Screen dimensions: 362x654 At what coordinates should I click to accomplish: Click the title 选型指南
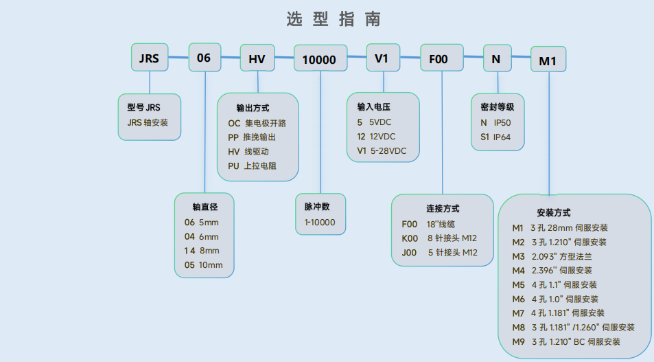click(334, 19)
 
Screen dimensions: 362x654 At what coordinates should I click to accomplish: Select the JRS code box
click(149, 58)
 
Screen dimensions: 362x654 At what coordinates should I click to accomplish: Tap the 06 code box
click(204, 58)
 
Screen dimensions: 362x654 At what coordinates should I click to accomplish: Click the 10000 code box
click(319, 60)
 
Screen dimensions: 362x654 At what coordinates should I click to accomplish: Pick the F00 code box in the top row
click(439, 59)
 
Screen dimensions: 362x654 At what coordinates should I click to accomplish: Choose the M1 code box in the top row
click(548, 61)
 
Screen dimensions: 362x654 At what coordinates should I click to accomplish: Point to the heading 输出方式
click(253, 109)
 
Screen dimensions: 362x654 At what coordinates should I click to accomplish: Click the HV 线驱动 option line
click(248, 152)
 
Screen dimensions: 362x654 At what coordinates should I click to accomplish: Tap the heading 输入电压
click(373, 107)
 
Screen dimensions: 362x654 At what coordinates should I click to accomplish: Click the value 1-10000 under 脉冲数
click(320, 223)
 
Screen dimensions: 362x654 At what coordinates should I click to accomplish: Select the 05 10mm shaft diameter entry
click(204, 265)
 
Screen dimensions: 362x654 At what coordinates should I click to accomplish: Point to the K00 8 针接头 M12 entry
click(439, 238)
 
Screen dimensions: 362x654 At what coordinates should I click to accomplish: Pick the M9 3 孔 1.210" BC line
click(566, 341)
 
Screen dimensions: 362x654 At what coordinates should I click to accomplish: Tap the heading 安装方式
click(553, 213)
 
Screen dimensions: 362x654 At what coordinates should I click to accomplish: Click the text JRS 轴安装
click(148, 122)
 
